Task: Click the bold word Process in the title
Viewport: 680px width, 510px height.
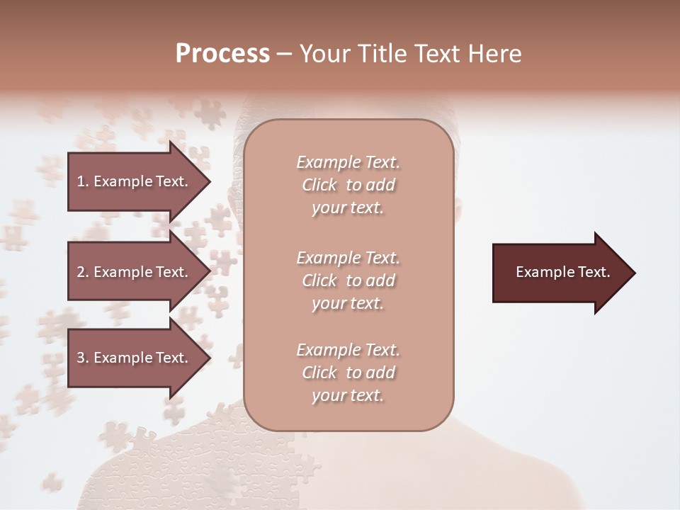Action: pyautogui.click(x=222, y=54)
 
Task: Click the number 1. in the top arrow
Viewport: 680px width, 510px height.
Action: pyautogui.click(x=83, y=181)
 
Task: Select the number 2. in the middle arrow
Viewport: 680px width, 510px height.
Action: pyautogui.click(x=83, y=272)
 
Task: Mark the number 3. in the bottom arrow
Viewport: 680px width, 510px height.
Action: pyautogui.click(x=83, y=358)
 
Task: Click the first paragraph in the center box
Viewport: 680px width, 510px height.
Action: pyautogui.click(x=348, y=185)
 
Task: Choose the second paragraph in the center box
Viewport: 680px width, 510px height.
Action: pyautogui.click(x=348, y=280)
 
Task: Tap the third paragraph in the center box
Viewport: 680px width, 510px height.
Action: pyautogui.click(x=348, y=373)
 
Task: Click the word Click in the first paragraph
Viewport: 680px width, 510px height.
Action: pyautogui.click(x=319, y=185)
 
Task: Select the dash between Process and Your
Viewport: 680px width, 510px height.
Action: pyautogui.click(x=284, y=54)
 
